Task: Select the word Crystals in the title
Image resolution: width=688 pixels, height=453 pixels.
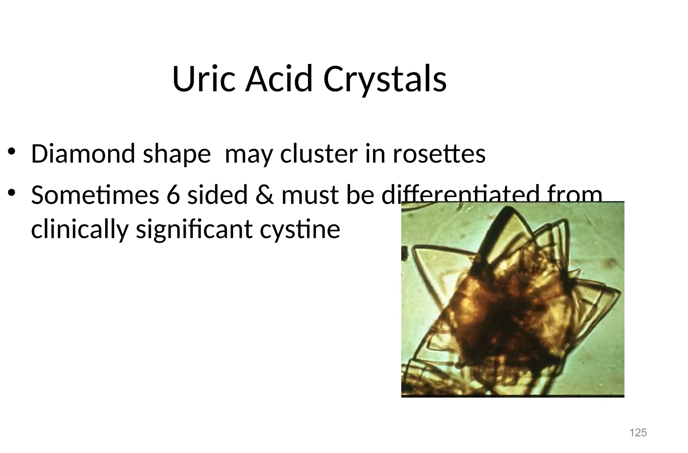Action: [385, 79]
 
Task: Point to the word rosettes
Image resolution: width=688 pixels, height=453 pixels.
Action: [439, 154]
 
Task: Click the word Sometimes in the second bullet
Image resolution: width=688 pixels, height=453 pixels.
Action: [95, 195]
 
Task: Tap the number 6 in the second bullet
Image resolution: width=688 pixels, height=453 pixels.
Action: [173, 195]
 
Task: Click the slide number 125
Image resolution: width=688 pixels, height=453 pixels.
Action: [638, 433]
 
